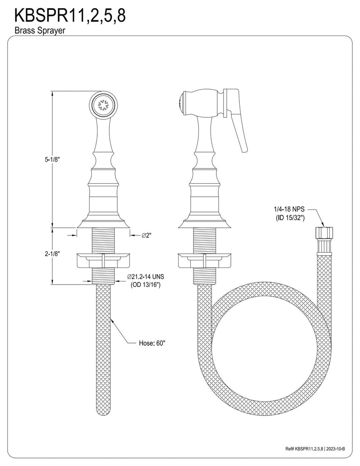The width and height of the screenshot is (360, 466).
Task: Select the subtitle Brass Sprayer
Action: click(x=40, y=30)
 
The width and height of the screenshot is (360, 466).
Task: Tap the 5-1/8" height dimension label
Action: click(x=53, y=159)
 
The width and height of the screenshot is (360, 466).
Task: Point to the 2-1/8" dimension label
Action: click(x=53, y=254)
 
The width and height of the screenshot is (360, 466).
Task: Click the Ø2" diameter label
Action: click(x=147, y=235)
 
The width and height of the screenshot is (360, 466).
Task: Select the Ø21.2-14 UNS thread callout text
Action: click(x=145, y=277)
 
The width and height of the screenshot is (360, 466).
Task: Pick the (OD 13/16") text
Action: click(x=145, y=285)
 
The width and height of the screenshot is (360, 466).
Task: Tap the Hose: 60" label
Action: click(x=152, y=343)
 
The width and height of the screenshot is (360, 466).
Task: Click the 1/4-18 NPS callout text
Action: click(x=289, y=209)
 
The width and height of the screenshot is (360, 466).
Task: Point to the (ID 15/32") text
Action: click(x=289, y=217)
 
